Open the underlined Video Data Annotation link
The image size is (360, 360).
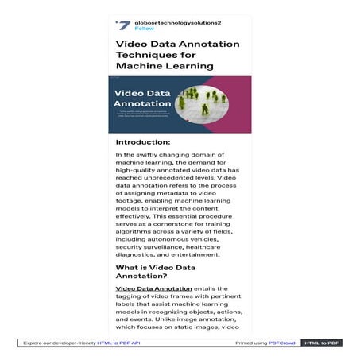[x=153, y=288]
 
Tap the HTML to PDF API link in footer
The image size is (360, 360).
[x=118, y=343]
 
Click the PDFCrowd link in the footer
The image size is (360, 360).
[x=281, y=343]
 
